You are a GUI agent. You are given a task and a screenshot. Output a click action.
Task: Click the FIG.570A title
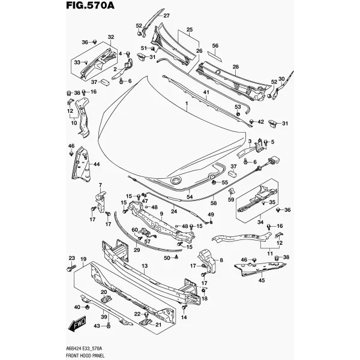point(90,5)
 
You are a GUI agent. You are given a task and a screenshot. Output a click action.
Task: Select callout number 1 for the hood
point(187,104)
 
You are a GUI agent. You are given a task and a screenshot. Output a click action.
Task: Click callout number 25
point(190,30)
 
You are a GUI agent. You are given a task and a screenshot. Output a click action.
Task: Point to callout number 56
point(215,46)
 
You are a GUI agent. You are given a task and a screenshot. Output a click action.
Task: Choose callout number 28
point(236,67)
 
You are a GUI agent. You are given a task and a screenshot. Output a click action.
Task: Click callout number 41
point(206,92)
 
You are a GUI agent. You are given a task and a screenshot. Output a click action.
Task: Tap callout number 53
point(238,107)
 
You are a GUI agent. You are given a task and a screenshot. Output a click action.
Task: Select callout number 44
point(97,164)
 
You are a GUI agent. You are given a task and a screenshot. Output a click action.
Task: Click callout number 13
point(145,266)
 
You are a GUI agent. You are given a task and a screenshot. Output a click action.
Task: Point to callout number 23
point(72,258)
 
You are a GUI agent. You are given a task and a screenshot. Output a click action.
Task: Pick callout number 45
point(262,280)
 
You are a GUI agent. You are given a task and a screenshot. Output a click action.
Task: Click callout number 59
point(231,200)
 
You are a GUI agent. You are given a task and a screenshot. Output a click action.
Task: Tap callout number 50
point(167,258)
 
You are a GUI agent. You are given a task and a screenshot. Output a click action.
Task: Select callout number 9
point(161,214)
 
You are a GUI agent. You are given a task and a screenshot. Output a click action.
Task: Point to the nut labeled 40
point(87,307)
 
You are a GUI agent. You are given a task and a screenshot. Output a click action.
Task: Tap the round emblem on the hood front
point(176,181)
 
